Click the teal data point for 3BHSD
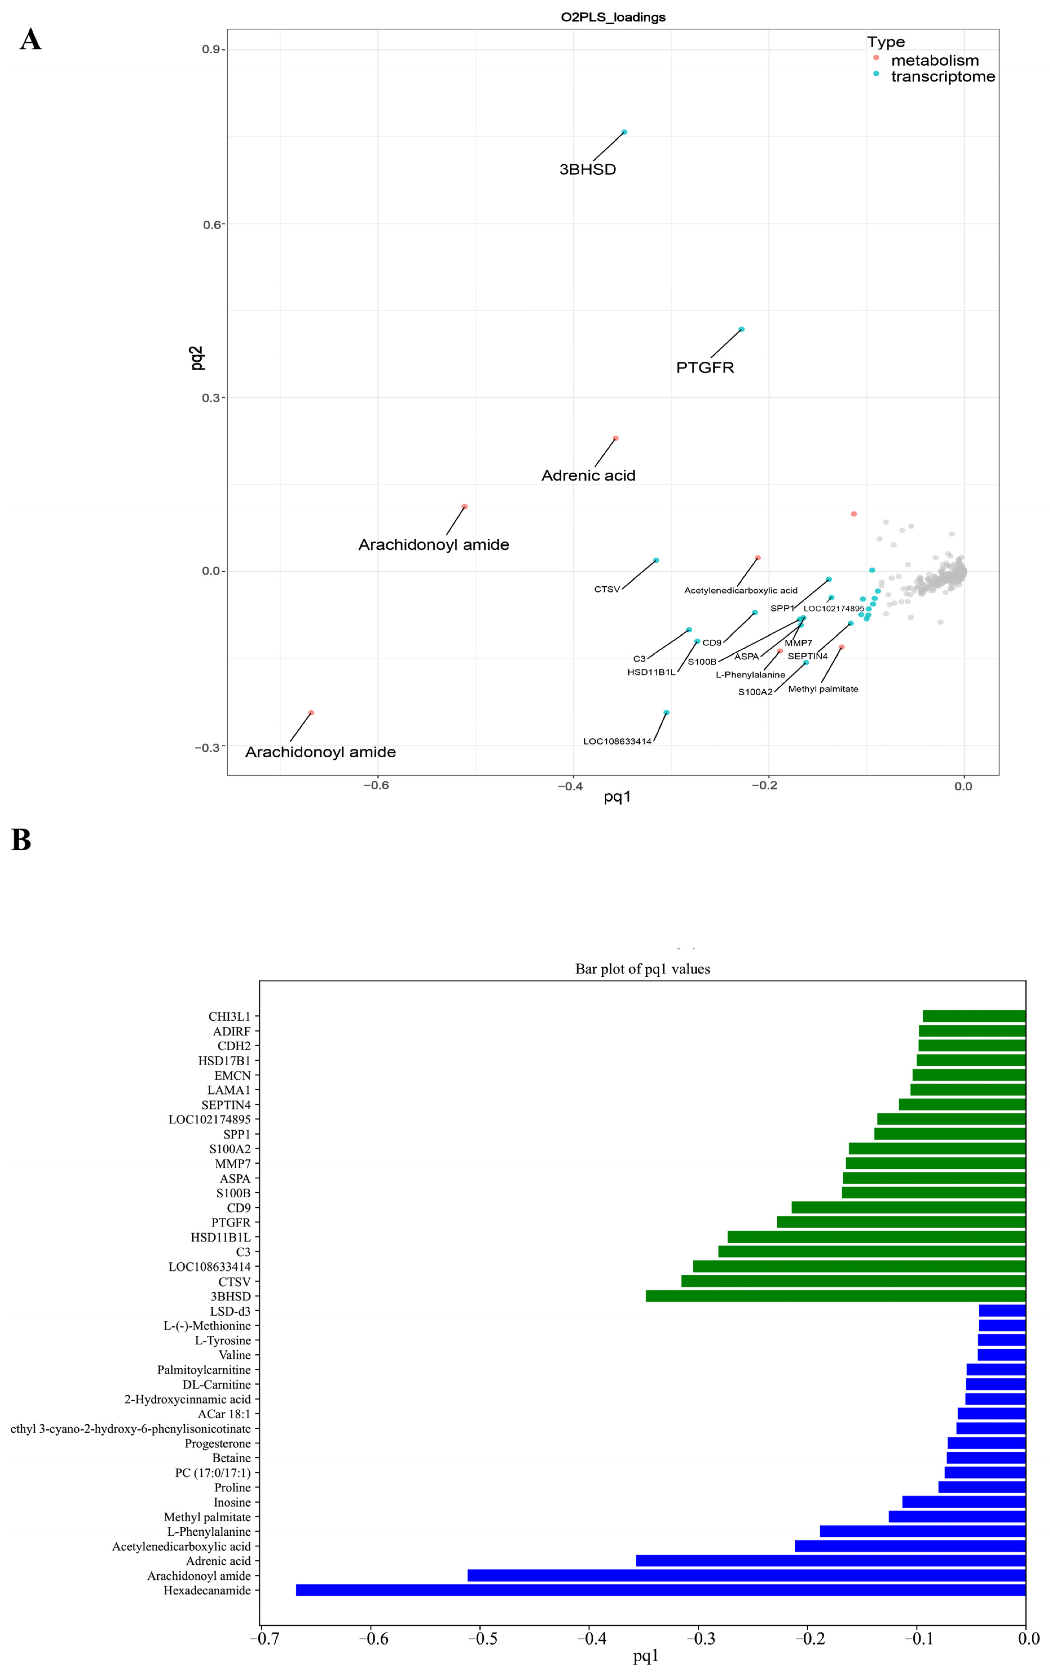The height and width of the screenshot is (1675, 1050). coord(624,132)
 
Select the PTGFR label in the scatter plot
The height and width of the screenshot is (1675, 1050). coord(705,367)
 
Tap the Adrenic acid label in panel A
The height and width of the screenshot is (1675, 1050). coord(588,476)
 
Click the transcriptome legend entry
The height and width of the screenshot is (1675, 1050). coord(942,76)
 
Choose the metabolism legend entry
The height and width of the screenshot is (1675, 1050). coord(934,60)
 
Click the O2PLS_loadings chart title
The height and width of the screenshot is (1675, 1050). coord(613,17)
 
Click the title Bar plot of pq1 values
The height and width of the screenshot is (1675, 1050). coord(642,969)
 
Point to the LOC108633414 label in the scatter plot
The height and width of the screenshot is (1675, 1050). coord(617,741)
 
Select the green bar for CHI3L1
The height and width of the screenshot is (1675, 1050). coord(974,1016)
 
